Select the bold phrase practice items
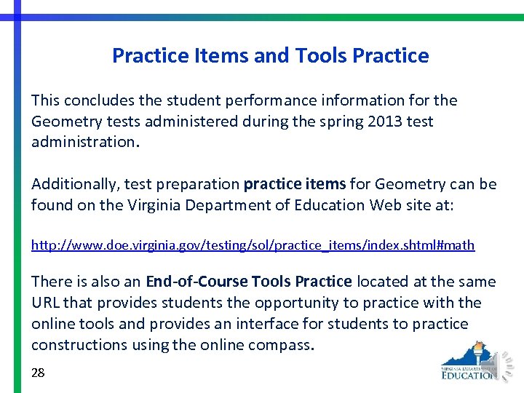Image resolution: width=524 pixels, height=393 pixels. pos(294,184)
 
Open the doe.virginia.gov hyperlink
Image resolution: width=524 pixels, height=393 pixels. pos(253,246)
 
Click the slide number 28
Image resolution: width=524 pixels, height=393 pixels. pos(38,373)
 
